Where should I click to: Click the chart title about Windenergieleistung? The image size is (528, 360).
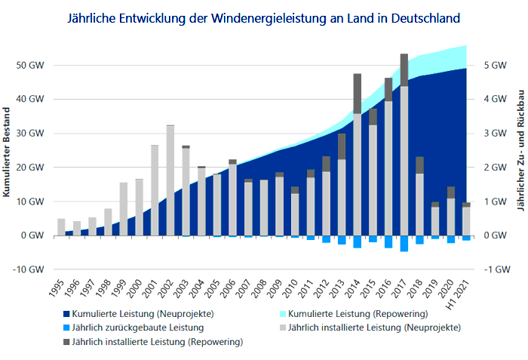[263, 16]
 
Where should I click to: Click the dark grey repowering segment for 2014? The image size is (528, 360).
[358, 93]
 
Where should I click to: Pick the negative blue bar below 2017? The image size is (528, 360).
[404, 243]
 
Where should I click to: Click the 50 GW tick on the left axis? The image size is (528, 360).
[31, 65]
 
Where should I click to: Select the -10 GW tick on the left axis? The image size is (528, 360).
[30, 269]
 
